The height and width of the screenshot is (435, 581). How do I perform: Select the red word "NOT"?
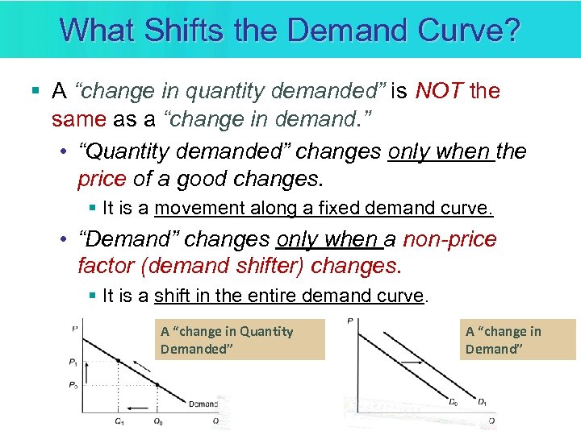tap(439, 91)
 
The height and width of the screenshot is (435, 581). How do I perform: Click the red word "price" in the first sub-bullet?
tap(101, 179)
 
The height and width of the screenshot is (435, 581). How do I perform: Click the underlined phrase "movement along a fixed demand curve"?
tap(323, 209)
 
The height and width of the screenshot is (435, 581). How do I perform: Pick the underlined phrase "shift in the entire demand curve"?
tap(289, 296)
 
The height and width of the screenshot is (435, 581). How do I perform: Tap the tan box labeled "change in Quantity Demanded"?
tap(239, 339)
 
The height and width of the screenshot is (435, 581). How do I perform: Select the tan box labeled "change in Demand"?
tap(518, 339)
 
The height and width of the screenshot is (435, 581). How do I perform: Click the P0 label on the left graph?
tap(74, 385)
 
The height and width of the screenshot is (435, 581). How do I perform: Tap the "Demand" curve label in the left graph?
tap(203, 404)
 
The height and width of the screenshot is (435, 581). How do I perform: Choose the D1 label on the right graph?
tap(482, 402)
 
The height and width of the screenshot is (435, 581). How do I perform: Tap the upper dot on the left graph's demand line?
tap(119, 361)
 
